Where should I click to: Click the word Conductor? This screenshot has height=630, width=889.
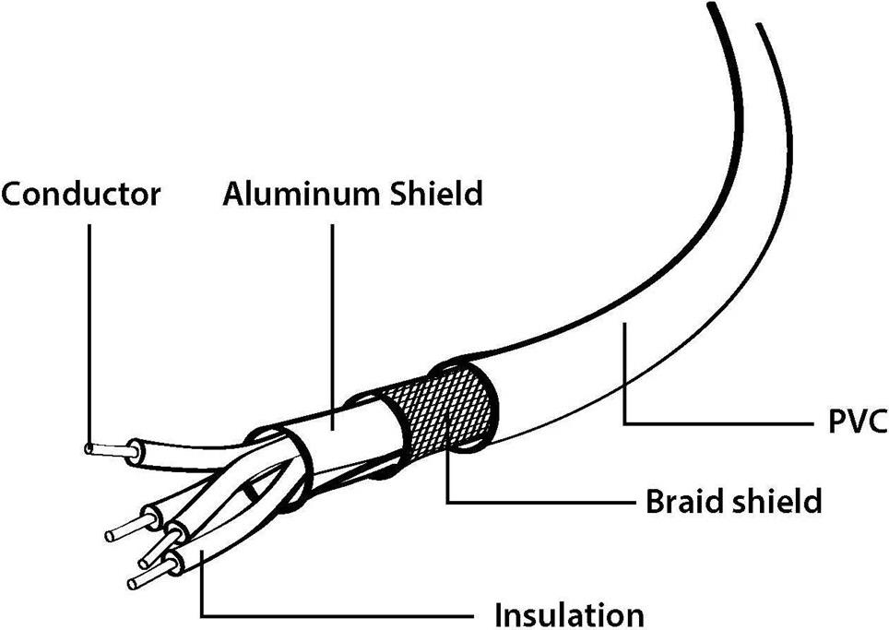pos(81,195)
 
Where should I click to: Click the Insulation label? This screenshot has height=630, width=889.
pos(570,614)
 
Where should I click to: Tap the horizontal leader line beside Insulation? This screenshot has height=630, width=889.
pos(341,614)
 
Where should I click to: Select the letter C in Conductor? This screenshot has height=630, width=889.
pos(12,195)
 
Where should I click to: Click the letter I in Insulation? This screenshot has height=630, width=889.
pos(500,614)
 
